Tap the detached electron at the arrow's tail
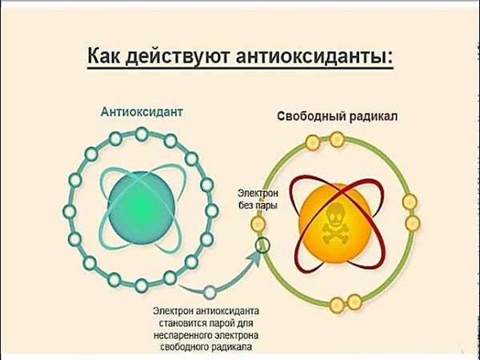coord(210,293)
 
